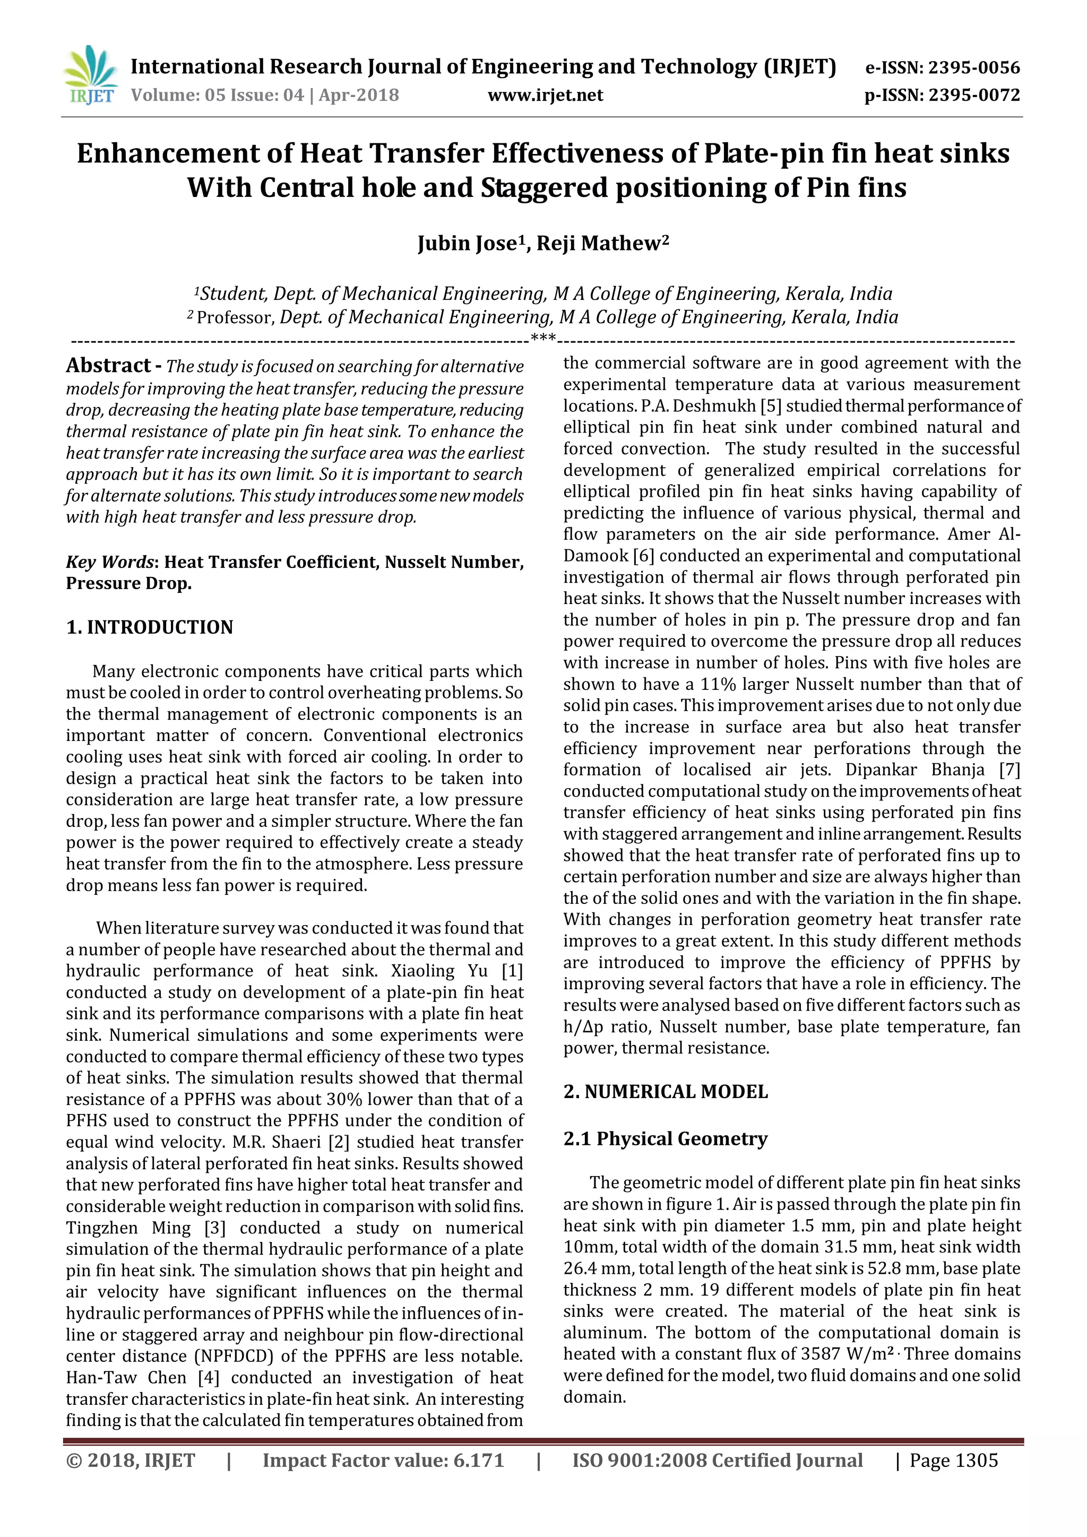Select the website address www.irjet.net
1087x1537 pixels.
545,95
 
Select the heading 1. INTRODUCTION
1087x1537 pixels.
149,627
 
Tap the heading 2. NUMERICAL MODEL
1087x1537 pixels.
666,1092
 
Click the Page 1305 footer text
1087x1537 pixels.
953,1460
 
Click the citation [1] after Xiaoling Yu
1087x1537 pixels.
512,971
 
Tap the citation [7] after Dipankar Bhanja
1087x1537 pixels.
1010,770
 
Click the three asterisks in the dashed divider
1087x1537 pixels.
543,338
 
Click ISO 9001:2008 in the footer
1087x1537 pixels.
639,1460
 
